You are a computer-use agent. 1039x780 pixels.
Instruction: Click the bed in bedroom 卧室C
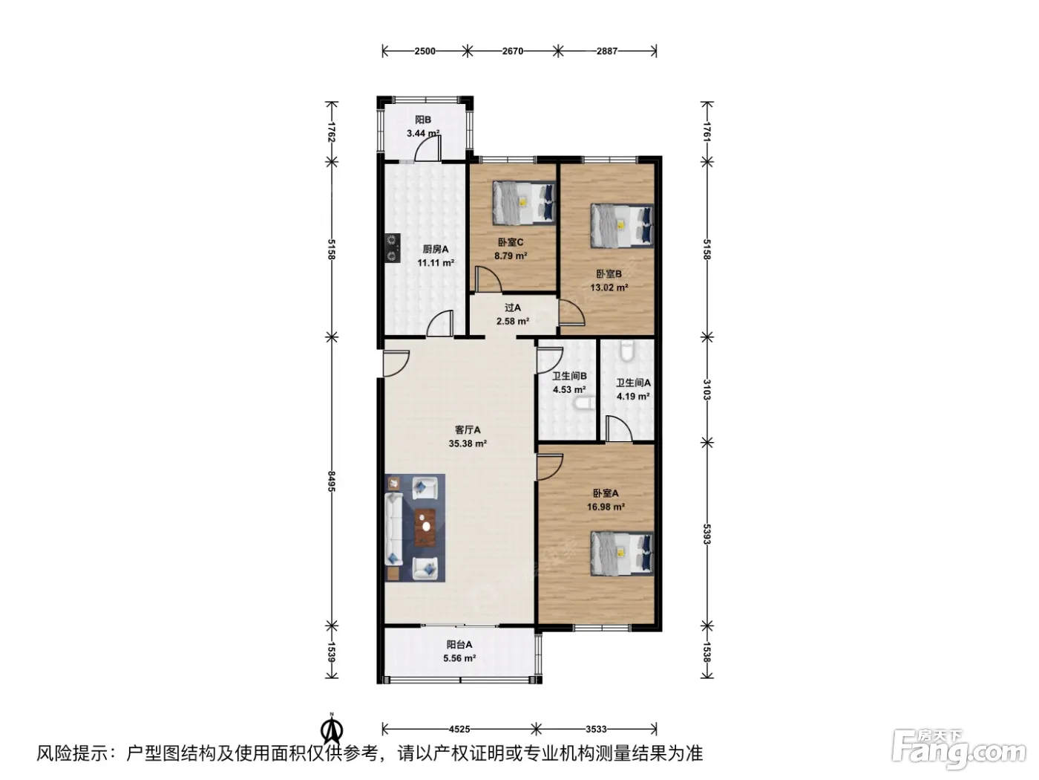[523, 203]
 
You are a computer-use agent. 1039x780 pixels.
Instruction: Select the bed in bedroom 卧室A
[621, 553]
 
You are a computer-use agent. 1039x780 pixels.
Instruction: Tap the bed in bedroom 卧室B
[621, 226]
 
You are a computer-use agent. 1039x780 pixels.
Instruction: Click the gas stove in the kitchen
[393, 247]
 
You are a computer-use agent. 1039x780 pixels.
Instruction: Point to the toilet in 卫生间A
[628, 351]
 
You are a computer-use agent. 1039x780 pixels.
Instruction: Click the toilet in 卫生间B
[584, 403]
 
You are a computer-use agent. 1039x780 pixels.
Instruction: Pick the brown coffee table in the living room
[425, 527]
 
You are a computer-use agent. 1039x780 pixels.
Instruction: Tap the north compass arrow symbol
[332, 731]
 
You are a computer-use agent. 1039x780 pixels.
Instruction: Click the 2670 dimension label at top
[513, 51]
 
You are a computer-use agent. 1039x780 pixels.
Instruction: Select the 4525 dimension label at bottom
[459, 729]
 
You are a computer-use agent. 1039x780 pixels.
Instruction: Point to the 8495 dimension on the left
[331, 481]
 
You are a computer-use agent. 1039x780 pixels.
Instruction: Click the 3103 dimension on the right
[707, 390]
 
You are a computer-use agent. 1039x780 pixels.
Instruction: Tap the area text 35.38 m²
[468, 443]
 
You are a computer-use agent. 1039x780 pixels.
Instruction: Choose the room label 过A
[513, 308]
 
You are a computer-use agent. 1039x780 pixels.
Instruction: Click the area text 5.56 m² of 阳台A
[459, 658]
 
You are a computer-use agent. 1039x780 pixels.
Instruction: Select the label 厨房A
[436, 249]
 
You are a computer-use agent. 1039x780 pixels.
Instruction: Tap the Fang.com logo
[958, 753]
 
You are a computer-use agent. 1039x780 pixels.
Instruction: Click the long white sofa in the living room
[393, 528]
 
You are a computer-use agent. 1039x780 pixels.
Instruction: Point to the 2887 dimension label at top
[607, 51]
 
